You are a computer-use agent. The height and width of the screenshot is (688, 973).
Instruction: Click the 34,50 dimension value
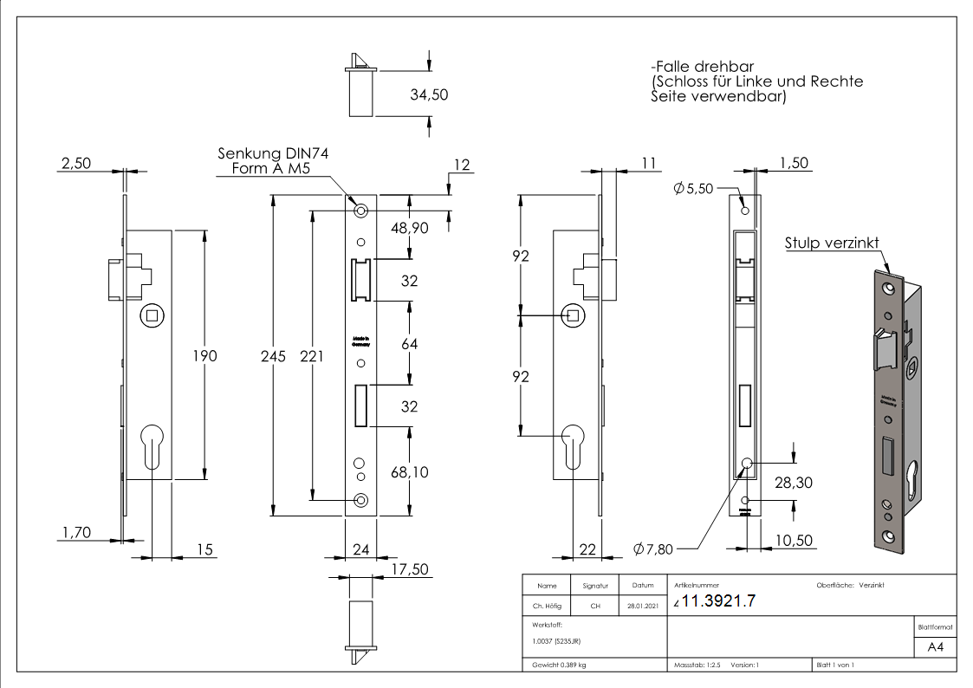click(429, 94)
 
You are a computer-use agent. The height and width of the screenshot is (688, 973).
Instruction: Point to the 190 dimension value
click(204, 355)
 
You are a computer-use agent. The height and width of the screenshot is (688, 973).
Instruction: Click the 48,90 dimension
click(410, 228)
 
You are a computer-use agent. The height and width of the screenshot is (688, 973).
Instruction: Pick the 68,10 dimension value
click(410, 472)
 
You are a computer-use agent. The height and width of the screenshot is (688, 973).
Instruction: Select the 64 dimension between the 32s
click(410, 344)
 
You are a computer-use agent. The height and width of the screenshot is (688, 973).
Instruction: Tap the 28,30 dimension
click(793, 483)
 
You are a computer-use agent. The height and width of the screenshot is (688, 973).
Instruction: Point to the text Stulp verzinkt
click(833, 243)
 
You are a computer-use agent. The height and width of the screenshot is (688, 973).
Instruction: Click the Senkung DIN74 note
click(273, 153)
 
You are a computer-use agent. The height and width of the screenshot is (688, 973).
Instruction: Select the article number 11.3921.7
click(719, 601)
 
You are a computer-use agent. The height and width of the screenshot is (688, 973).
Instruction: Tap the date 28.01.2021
click(642, 607)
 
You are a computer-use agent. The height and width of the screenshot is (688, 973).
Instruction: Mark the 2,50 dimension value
click(75, 164)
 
